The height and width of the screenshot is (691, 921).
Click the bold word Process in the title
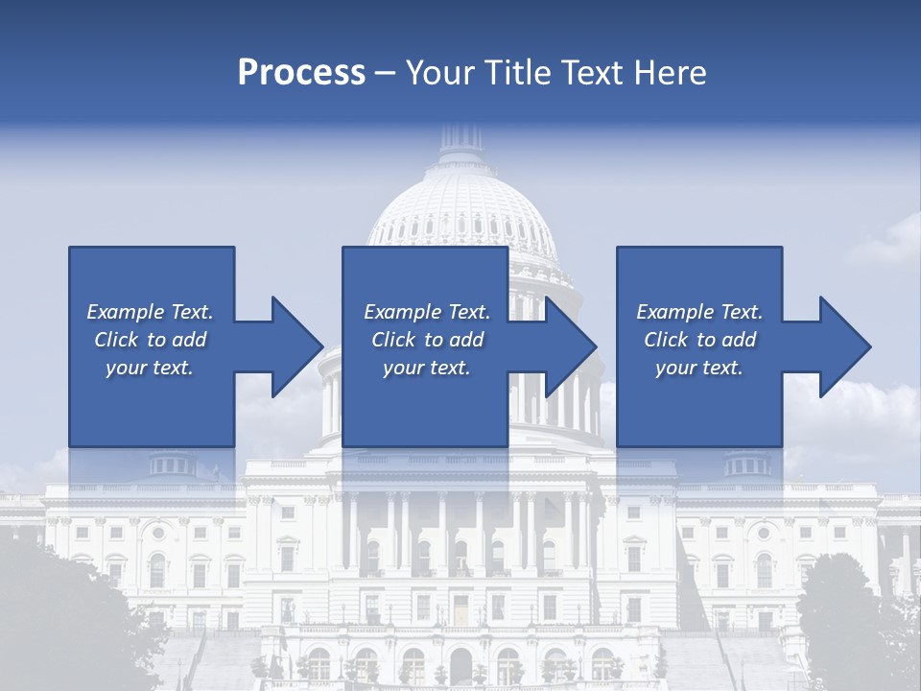pyautogui.click(x=301, y=73)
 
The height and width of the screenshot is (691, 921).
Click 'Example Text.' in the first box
pyautogui.click(x=150, y=312)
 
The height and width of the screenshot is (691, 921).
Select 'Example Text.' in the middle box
pyautogui.click(x=427, y=312)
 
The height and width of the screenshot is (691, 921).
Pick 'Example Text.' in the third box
pyautogui.click(x=699, y=312)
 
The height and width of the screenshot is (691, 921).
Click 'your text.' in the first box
pyautogui.click(x=150, y=368)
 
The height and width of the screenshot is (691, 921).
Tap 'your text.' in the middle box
pyautogui.click(x=427, y=368)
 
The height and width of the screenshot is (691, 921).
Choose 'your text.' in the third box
pyautogui.click(x=699, y=368)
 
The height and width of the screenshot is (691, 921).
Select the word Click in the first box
pyautogui.click(x=116, y=340)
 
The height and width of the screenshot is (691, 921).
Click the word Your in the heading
pyautogui.click(x=437, y=73)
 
